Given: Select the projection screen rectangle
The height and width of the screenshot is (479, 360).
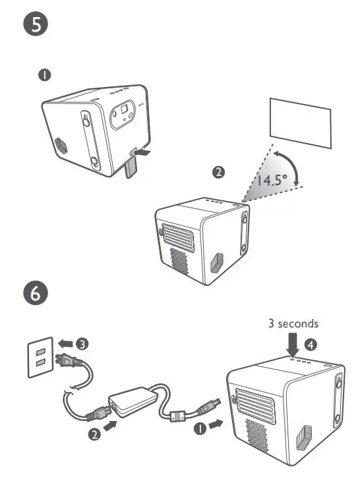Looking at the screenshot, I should pyautogui.click(x=300, y=123).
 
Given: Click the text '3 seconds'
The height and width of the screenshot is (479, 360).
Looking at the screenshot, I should pyautogui.click(x=293, y=324).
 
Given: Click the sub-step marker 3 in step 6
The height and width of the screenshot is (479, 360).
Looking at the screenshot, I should pyautogui.click(x=81, y=343).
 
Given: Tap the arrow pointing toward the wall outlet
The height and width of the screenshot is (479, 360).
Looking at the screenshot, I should pyautogui.click(x=64, y=343).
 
